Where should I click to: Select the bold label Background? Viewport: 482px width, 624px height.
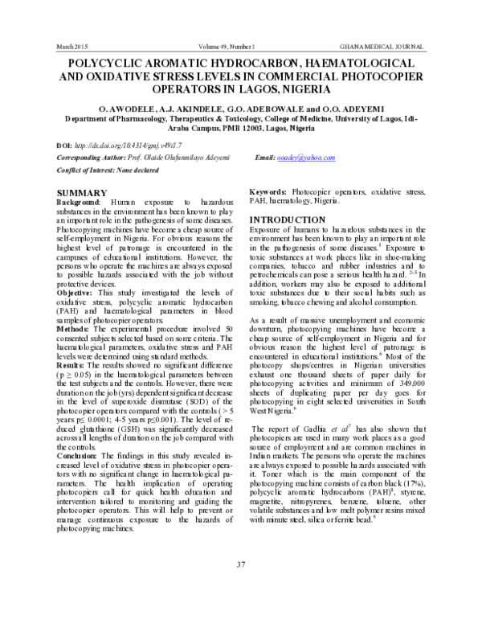pyautogui.click(x=80, y=203)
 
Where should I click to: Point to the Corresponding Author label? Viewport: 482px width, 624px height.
pyautogui.click(x=93, y=158)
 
